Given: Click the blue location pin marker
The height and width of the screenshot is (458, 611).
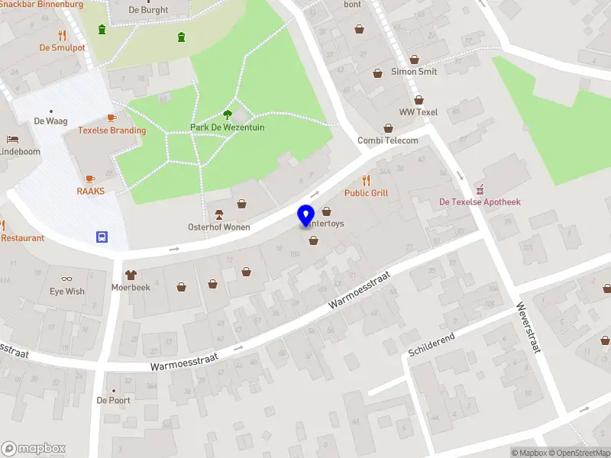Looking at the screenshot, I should click(306, 215).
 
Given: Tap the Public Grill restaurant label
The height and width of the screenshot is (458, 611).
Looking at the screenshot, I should click(367, 193).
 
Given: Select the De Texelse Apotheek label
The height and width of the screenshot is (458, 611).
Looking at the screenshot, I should click(480, 202).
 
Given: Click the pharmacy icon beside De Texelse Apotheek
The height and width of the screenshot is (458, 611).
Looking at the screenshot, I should click(480, 189).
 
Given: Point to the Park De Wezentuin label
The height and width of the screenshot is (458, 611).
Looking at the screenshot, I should click(227, 127).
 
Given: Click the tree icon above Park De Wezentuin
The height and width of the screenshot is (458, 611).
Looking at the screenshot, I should click(227, 114).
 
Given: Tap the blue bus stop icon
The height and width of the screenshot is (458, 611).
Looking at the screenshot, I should click(101, 237).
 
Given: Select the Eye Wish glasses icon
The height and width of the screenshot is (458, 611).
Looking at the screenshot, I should click(67, 279).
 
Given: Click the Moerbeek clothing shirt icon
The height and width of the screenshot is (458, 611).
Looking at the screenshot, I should click(131, 274).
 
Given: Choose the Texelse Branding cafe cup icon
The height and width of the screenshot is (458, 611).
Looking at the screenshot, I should click(112, 118).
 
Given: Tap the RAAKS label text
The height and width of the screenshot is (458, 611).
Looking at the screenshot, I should click(90, 191).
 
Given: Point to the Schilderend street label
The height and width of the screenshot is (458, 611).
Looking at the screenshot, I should click(432, 344).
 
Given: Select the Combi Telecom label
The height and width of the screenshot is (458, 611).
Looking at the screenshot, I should click(388, 140).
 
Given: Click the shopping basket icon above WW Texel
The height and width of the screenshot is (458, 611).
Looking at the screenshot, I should click(419, 99).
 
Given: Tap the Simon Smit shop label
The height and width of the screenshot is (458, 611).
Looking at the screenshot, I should click(414, 72).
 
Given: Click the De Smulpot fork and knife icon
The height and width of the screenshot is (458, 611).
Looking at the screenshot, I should click(62, 34).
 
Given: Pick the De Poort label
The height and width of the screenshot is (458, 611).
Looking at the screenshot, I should click(113, 400).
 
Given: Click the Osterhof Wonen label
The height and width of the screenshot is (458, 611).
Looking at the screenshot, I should click(219, 227).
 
